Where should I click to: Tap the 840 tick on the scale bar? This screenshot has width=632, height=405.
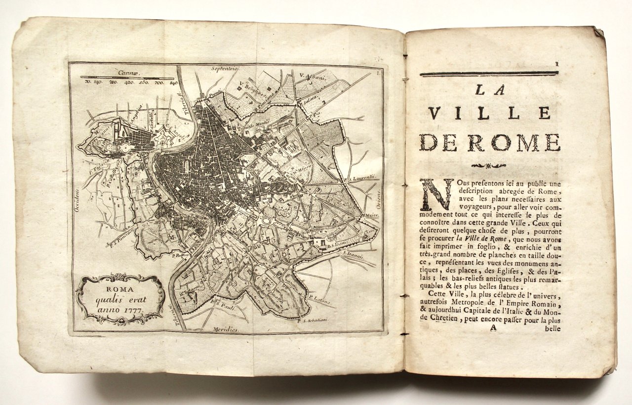pos(173,83)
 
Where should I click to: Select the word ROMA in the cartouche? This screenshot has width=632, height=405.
pos(120,289)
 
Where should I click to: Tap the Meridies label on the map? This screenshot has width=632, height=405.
pos(226,328)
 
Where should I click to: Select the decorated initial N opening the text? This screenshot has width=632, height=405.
pos(436,194)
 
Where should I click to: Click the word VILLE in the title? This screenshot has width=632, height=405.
pos(489,113)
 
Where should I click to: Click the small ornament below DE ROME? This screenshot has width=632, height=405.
pos(489,165)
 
